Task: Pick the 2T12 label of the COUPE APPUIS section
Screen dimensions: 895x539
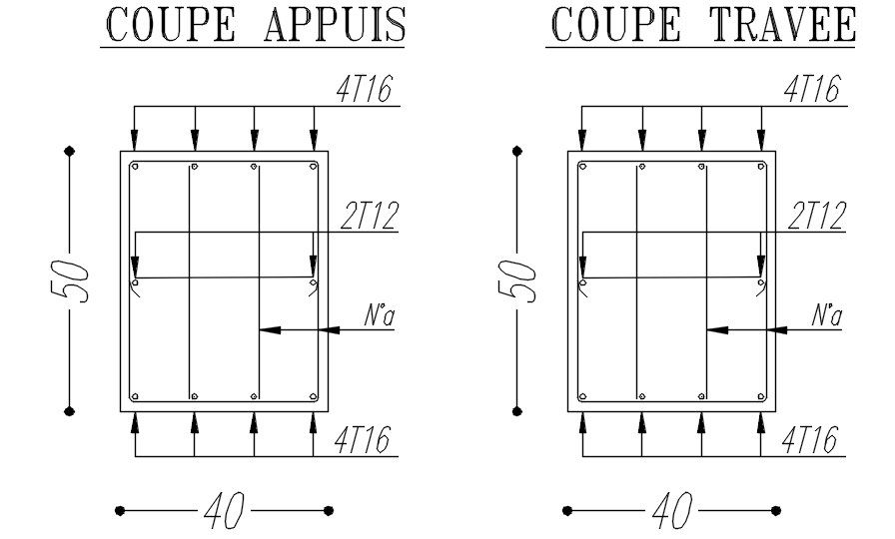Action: pyautogui.click(x=369, y=216)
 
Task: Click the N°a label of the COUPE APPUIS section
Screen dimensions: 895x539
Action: pyautogui.click(x=379, y=316)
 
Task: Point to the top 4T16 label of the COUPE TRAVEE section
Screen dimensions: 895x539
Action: pyautogui.click(x=812, y=90)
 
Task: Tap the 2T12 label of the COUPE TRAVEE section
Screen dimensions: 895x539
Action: pyautogui.click(x=816, y=216)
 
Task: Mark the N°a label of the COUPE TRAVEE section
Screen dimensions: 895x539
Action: pyautogui.click(x=826, y=316)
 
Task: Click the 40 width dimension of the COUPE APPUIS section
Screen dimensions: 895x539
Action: pyautogui.click(x=224, y=511)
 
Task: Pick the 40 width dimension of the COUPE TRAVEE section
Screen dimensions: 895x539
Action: pyautogui.click(x=671, y=511)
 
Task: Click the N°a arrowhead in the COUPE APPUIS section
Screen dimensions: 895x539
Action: pyautogui.click(x=268, y=328)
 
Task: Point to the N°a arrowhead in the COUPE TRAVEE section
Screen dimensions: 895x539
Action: pyautogui.click(x=715, y=328)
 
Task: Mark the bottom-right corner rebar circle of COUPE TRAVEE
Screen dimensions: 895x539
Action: pyautogui.click(x=761, y=396)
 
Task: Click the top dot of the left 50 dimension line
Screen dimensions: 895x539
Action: pyautogui.click(x=70, y=151)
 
